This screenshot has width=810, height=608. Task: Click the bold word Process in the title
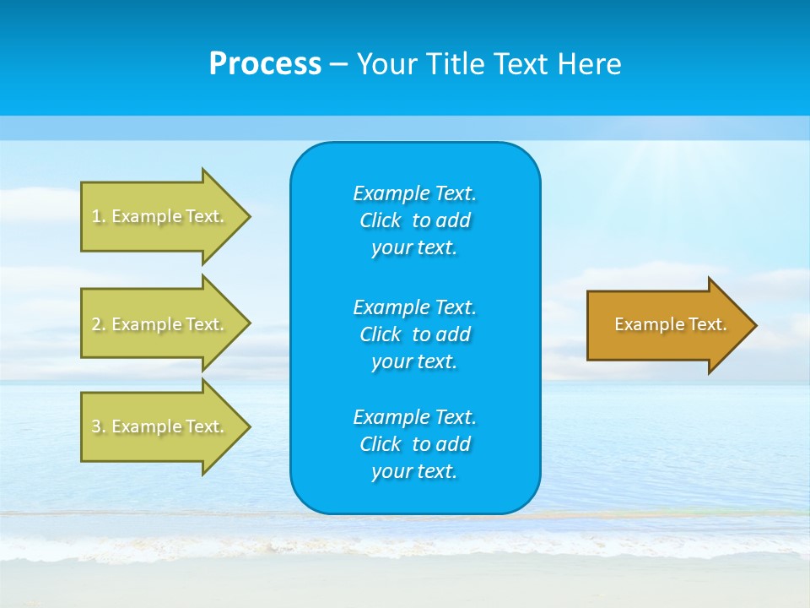[265, 64]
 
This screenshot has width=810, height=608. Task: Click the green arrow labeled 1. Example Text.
[160, 216]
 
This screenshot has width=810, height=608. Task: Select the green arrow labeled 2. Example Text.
[160, 324]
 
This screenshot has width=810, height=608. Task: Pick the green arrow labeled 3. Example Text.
[160, 426]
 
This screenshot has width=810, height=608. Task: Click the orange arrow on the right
[667, 325]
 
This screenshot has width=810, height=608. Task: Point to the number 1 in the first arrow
[96, 216]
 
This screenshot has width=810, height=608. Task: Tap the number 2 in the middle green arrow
[96, 324]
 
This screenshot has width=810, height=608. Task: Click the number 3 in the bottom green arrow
[96, 426]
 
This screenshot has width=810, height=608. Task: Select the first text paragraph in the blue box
[414, 220]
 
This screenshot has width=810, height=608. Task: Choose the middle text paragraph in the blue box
[414, 334]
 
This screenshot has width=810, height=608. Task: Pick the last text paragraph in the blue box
[414, 444]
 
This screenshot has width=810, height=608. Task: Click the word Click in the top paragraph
[380, 220]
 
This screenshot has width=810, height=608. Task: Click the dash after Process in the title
[338, 64]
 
